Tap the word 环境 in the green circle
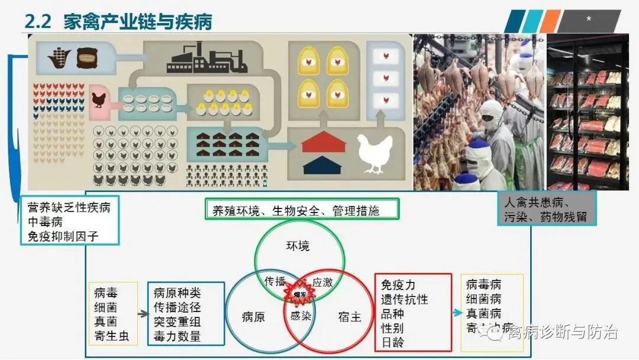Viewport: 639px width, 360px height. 298,246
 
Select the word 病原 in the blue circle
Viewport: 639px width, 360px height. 253,317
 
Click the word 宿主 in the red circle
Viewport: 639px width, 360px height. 350,317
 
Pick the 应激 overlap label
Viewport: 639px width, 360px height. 322,282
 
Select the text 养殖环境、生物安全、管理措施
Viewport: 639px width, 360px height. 302,210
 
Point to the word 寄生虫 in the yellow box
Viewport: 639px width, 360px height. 112,336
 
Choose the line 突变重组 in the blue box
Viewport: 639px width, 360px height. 177,322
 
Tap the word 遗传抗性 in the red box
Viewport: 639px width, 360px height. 405,300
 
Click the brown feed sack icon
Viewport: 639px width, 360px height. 87,57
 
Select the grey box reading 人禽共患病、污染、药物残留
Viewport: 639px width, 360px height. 546,208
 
